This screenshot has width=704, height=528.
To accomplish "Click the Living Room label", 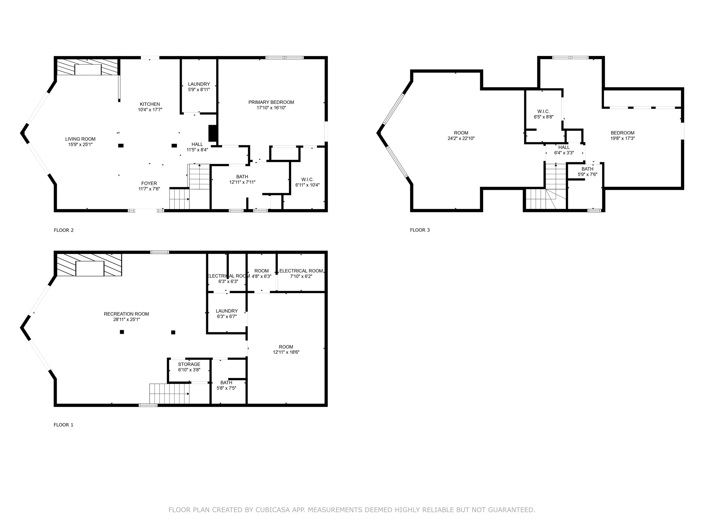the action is click(x=80, y=139).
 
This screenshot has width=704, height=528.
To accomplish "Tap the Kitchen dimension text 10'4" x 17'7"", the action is click(x=150, y=110).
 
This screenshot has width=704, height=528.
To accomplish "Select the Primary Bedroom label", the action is click(x=271, y=102).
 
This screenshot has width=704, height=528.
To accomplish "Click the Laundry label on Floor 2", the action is click(x=199, y=84).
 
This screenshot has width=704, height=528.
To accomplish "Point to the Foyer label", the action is click(x=149, y=183).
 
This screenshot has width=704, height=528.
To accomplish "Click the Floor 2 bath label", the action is click(x=242, y=177).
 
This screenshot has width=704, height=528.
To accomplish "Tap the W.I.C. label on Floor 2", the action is click(x=308, y=179).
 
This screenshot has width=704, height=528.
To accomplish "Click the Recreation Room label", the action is click(x=126, y=314).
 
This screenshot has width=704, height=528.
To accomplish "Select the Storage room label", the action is click(x=189, y=364).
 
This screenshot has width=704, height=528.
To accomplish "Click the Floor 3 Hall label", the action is click(x=564, y=147).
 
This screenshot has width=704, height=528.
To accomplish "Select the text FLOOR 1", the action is click(x=64, y=425).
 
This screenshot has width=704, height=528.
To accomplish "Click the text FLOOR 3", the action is click(x=420, y=230).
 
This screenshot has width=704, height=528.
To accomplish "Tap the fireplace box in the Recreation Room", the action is click(x=90, y=268).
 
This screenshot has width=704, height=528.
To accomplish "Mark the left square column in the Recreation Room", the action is click(x=122, y=332).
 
